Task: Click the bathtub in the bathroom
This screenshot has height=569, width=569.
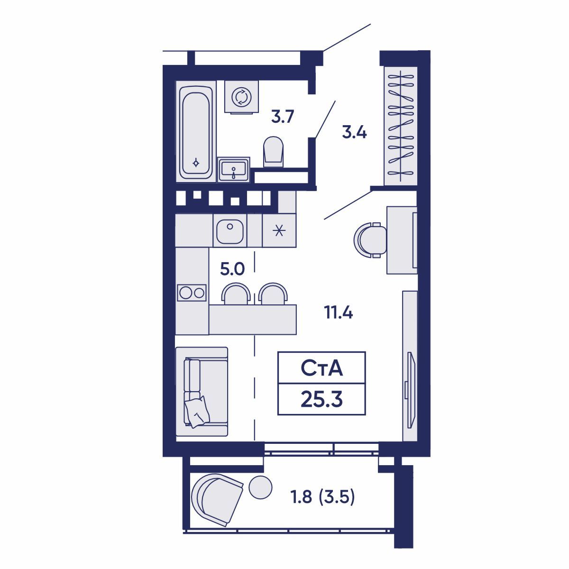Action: (196, 131)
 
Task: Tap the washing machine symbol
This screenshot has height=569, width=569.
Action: (241, 97)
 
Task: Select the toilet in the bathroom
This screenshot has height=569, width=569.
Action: (273, 151)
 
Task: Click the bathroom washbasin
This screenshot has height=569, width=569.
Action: (234, 170)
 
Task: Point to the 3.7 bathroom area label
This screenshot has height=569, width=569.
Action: (283, 117)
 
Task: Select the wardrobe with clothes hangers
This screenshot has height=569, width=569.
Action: (400, 126)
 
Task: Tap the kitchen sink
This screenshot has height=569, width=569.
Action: (230, 231)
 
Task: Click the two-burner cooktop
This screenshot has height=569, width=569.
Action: (192, 293)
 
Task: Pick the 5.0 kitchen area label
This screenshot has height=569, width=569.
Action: (232, 269)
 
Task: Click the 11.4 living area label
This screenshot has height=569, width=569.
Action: (339, 312)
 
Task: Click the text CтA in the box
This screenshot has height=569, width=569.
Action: (321, 369)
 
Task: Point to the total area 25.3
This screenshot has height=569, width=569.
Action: (321, 400)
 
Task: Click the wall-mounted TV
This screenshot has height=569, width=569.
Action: (411, 390)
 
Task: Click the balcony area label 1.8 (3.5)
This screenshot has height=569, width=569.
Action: (322, 497)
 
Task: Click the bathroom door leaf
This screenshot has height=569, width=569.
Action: (325, 119)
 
